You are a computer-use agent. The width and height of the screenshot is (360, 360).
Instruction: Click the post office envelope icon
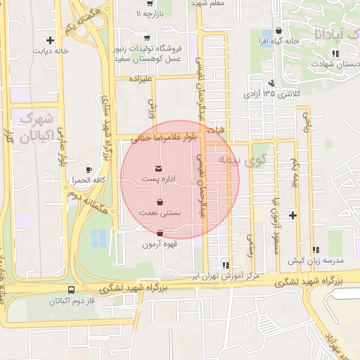coord(160,168)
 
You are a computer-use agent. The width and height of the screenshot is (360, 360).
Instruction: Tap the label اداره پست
coord(160,180)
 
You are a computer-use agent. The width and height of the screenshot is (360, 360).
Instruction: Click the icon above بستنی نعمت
coord(160,201)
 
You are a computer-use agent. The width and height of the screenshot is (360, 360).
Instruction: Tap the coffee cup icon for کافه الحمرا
coord(89,169)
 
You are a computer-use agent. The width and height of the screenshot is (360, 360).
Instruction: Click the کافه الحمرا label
coord(88,181)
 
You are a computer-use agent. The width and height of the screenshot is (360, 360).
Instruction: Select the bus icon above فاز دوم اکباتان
coord(72,290)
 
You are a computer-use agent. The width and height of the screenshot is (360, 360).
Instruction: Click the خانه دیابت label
coord(51,51)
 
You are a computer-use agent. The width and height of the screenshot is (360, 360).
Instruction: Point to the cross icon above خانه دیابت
coord(50,39)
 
